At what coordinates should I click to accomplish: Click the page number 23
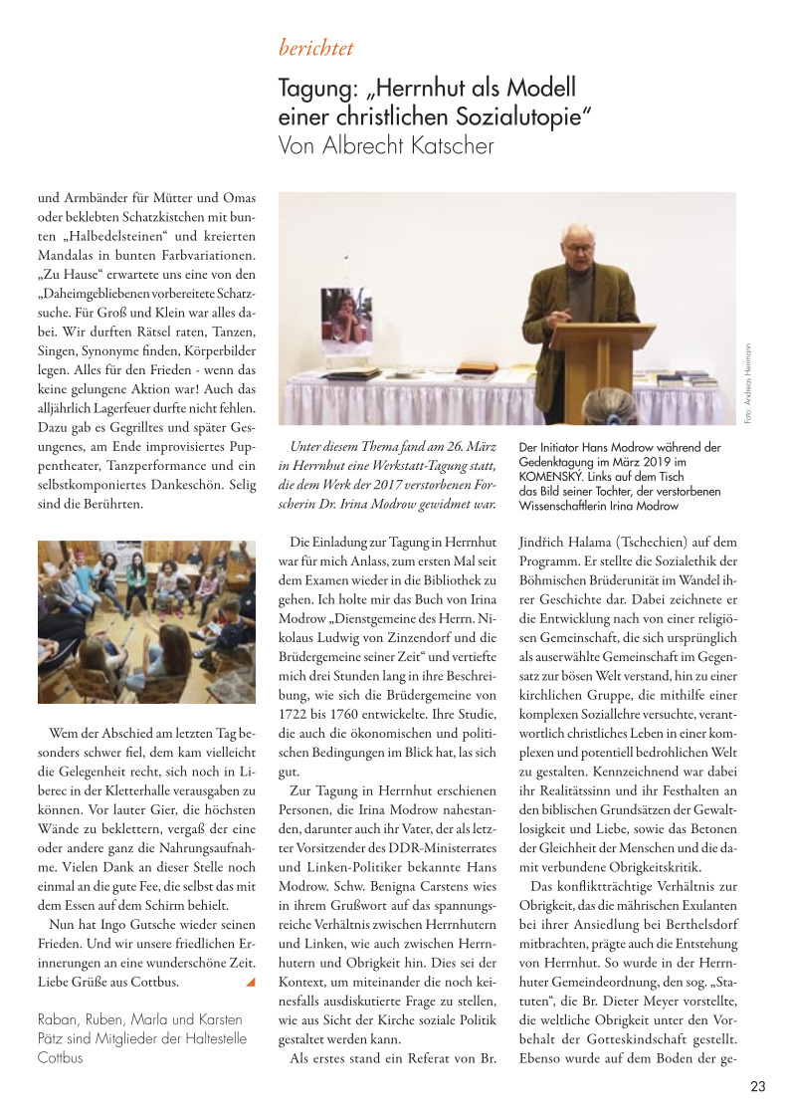click(x=757, y=1087)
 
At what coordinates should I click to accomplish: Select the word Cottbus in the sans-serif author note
click(x=60, y=1057)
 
